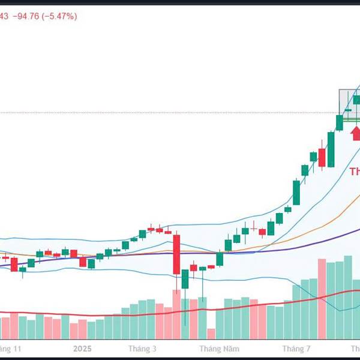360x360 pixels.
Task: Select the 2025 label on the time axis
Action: (x=81, y=349)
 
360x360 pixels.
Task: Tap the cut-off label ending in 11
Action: (x=11, y=349)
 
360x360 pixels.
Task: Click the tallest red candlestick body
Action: (x=176, y=254)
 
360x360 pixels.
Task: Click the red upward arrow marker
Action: (x=356, y=132)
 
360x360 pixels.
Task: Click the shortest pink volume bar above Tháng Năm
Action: (x=211, y=334)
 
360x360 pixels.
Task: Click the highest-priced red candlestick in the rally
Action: (x=322, y=157)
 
